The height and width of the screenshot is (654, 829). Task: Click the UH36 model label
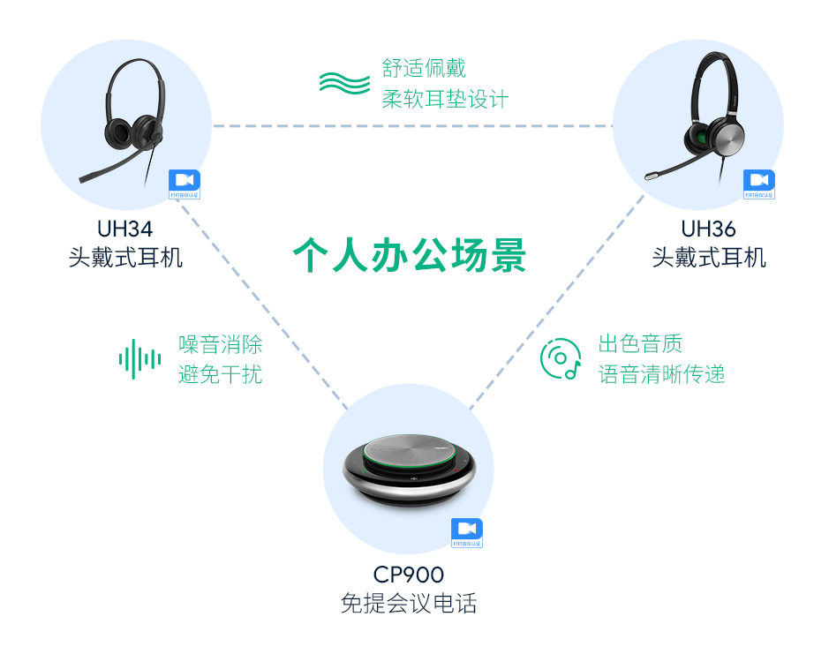click(708, 229)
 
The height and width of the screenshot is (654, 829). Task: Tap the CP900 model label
click(408, 575)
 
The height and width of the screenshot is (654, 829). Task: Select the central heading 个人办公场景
click(410, 256)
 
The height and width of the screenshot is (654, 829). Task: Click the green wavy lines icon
click(344, 83)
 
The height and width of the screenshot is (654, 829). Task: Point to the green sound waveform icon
click(139, 359)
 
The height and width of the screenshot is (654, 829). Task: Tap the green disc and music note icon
click(561, 359)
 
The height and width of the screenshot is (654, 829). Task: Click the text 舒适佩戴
click(424, 68)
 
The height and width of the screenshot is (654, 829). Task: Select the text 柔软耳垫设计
click(445, 99)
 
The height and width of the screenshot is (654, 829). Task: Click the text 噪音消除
click(220, 344)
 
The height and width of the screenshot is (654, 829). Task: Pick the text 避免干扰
click(220, 374)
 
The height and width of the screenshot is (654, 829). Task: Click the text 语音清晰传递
click(661, 374)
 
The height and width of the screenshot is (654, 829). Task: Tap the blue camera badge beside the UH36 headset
click(758, 183)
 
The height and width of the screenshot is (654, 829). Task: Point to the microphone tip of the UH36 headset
click(651, 176)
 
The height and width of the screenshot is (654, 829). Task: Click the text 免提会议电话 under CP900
click(408, 605)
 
